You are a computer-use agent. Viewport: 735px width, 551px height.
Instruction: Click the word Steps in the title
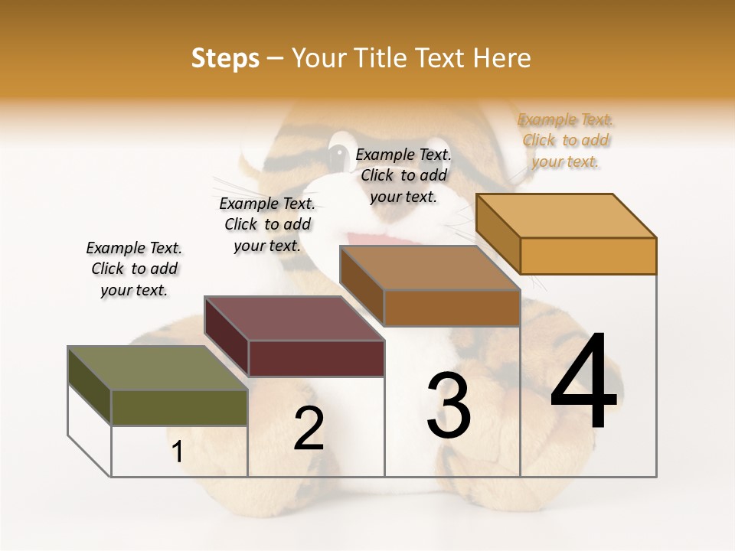pyautogui.click(x=225, y=58)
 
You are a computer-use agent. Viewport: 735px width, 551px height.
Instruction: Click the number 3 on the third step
pyautogui.click(x=449, y=406)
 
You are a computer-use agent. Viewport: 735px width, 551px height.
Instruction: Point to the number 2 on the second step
pyautogui.click(x=309, y=429)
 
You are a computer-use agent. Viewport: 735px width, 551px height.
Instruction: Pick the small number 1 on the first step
pyautogui.click(x=178, y=452)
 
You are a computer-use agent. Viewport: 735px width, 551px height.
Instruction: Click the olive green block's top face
pyautogui.click(x=157, y=368)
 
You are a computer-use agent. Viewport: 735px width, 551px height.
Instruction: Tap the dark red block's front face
pyautogui.click(x=316, y=358)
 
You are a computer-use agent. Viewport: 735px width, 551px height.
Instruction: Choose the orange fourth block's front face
pyautogui.click(x=588, y=256)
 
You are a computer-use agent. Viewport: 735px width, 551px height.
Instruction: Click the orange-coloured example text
pyautogui.click(x=566, y=140)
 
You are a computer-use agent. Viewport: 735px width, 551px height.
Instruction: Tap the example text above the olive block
pyautogui.click(x=134, y=269)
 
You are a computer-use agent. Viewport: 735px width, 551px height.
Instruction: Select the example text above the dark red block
pyautogui.click(x=267, y=224)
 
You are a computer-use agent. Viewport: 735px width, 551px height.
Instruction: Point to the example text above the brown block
pyautogui.click(x=403, y=175)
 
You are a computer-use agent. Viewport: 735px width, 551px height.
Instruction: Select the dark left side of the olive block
pyautogui.click(x=90, y=386)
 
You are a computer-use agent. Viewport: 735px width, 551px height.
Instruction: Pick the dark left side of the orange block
pyautogui.click(x=498, y=233)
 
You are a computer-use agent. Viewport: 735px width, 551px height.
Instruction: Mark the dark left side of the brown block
pyautogui.click(x=361, y=285)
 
